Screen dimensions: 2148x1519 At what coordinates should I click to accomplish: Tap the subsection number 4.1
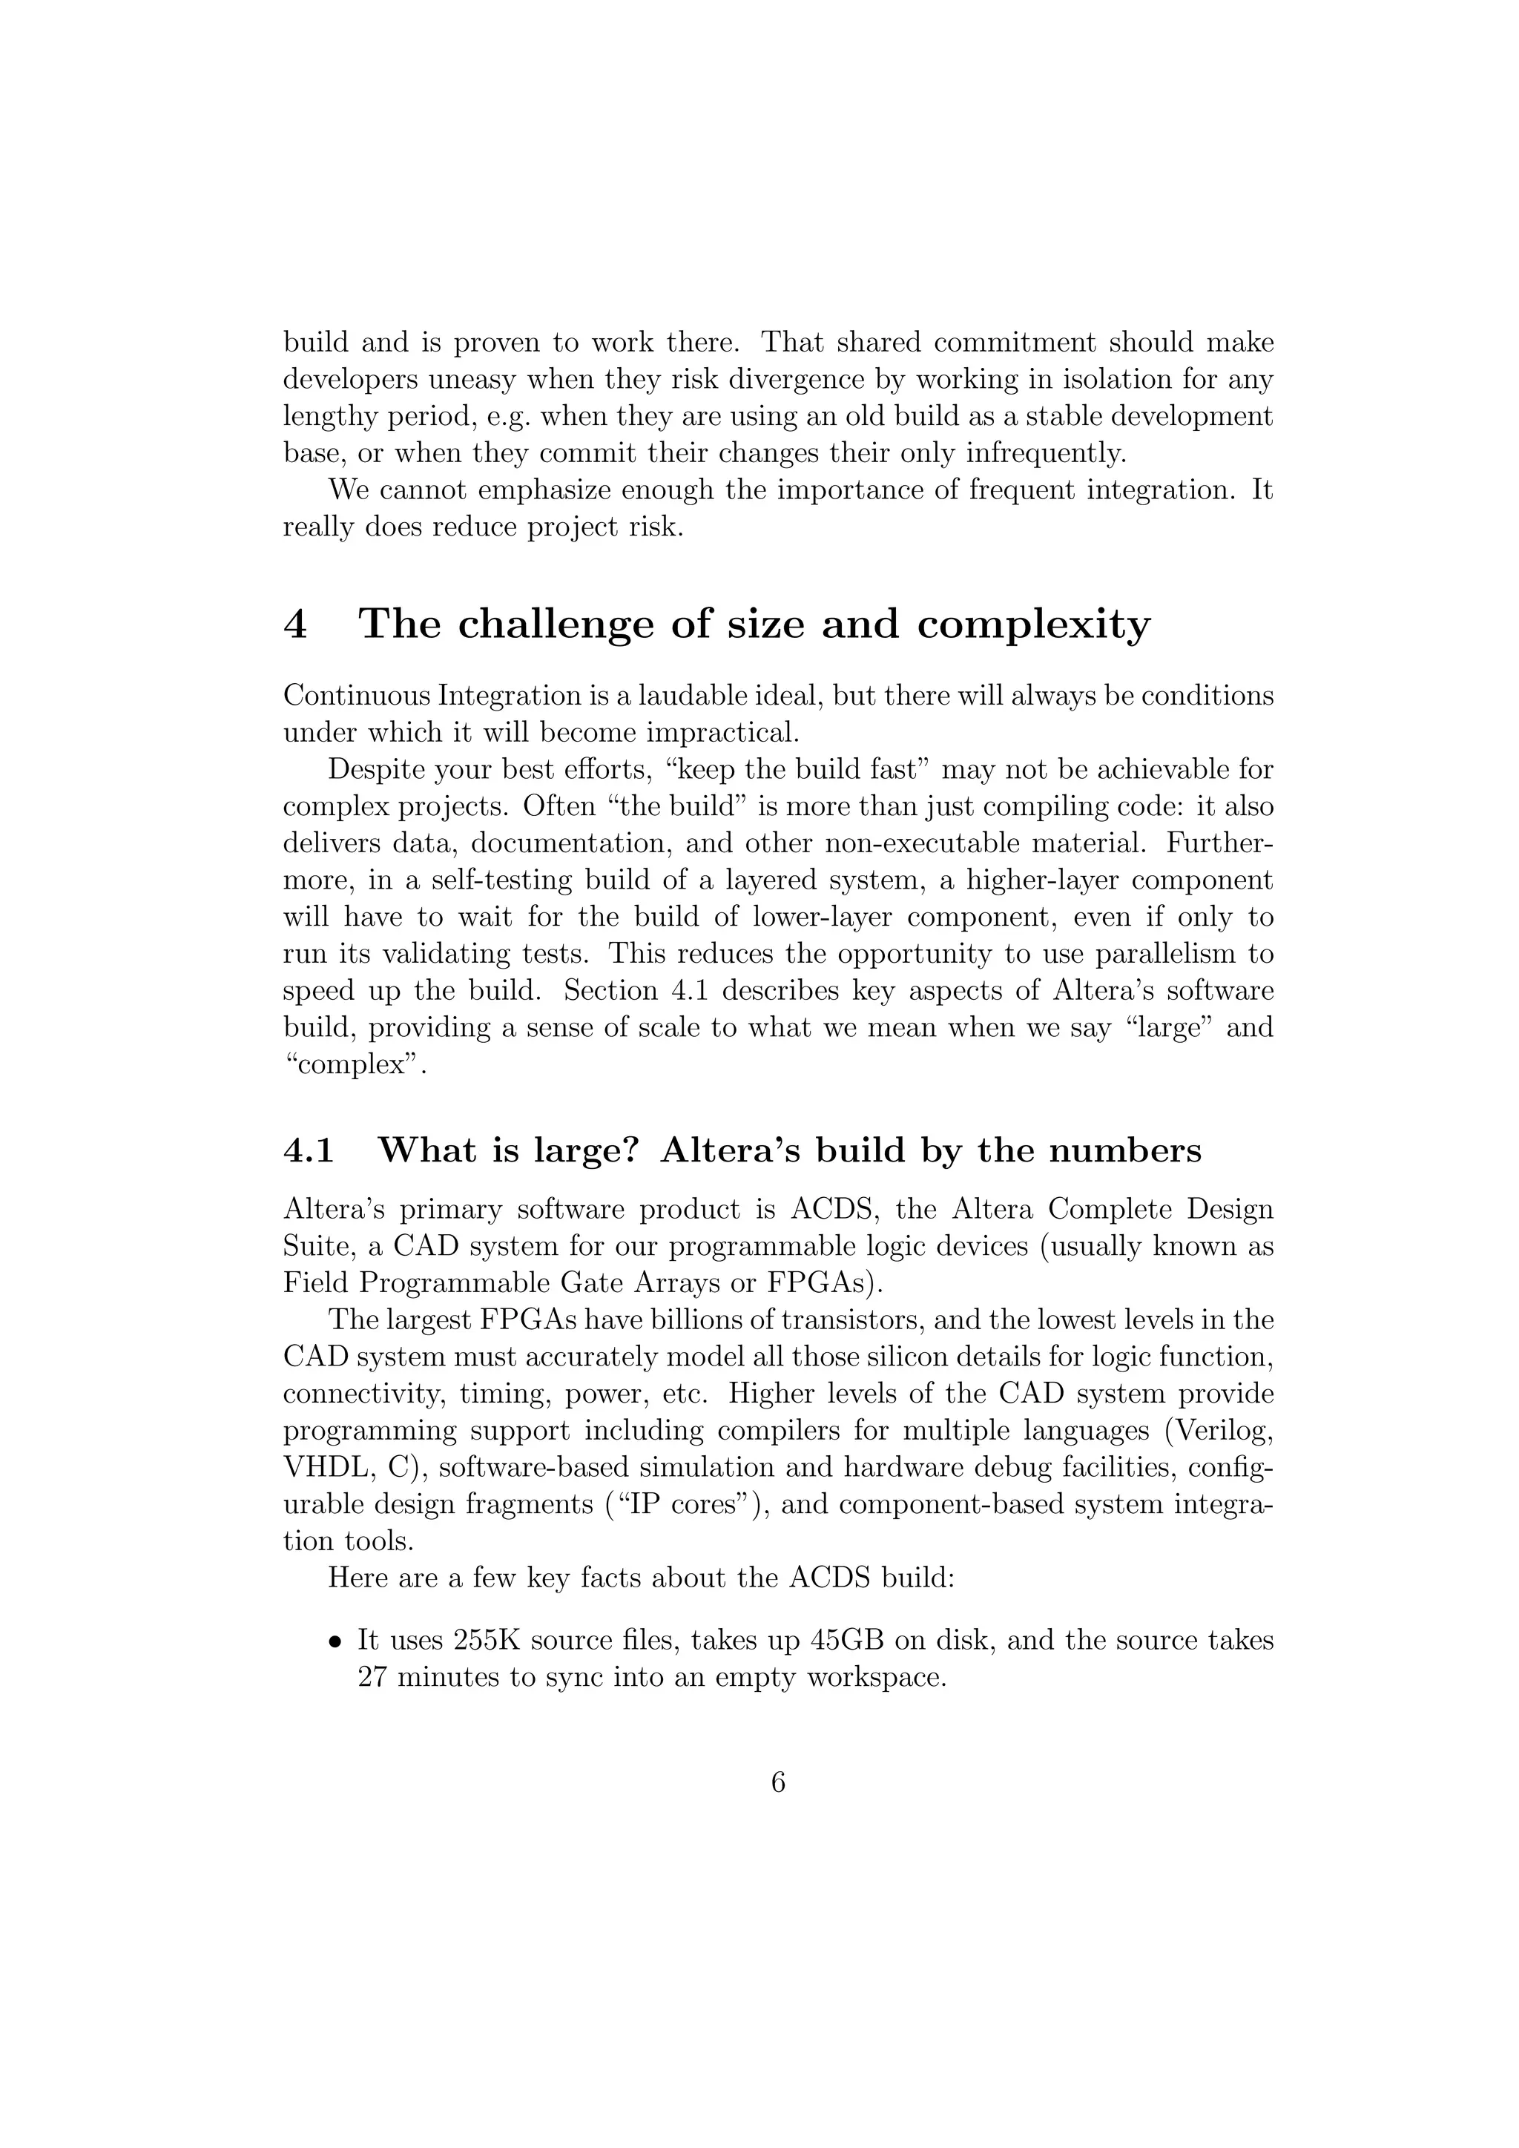pos(308,1150)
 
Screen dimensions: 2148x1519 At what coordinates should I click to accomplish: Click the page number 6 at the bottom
pos(777,1782)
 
